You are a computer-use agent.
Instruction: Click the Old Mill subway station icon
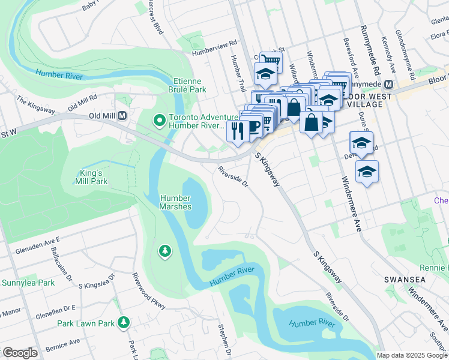point(122,115)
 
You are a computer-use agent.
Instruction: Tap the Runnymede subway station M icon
point(388,85)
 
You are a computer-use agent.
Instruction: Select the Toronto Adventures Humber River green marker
point(159,121)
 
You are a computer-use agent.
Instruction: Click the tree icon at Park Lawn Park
point(124,323)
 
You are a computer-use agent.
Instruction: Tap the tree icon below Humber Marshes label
point(164,250)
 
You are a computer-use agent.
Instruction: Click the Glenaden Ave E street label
point(38,242)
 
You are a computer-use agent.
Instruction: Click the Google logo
point(20,352)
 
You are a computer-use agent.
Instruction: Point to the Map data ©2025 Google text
point(412,355)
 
